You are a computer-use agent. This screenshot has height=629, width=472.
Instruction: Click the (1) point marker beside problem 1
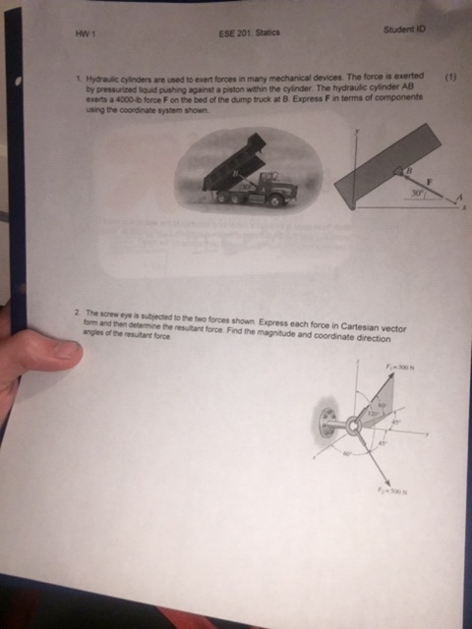[x=450, y=76]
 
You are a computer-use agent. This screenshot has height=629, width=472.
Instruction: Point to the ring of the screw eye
[x=351, y=426]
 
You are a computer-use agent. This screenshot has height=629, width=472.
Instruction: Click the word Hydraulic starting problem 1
[x=103, y=77]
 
